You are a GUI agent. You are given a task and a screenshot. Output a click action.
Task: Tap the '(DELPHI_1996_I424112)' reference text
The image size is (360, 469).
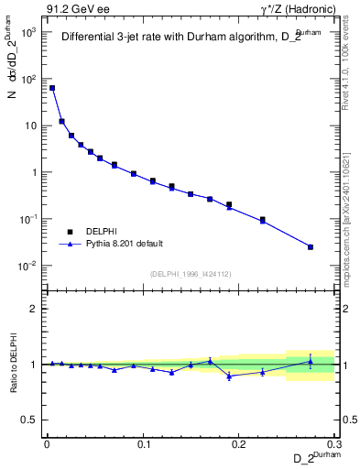[x=190, y=274]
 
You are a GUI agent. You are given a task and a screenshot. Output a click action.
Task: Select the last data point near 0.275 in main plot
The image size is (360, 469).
[x=311, y=246]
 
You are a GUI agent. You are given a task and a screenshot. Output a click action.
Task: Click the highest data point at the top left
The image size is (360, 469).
[x=52, y=88]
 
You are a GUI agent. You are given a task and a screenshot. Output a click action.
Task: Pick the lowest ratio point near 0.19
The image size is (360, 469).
[x=229, y=376]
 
